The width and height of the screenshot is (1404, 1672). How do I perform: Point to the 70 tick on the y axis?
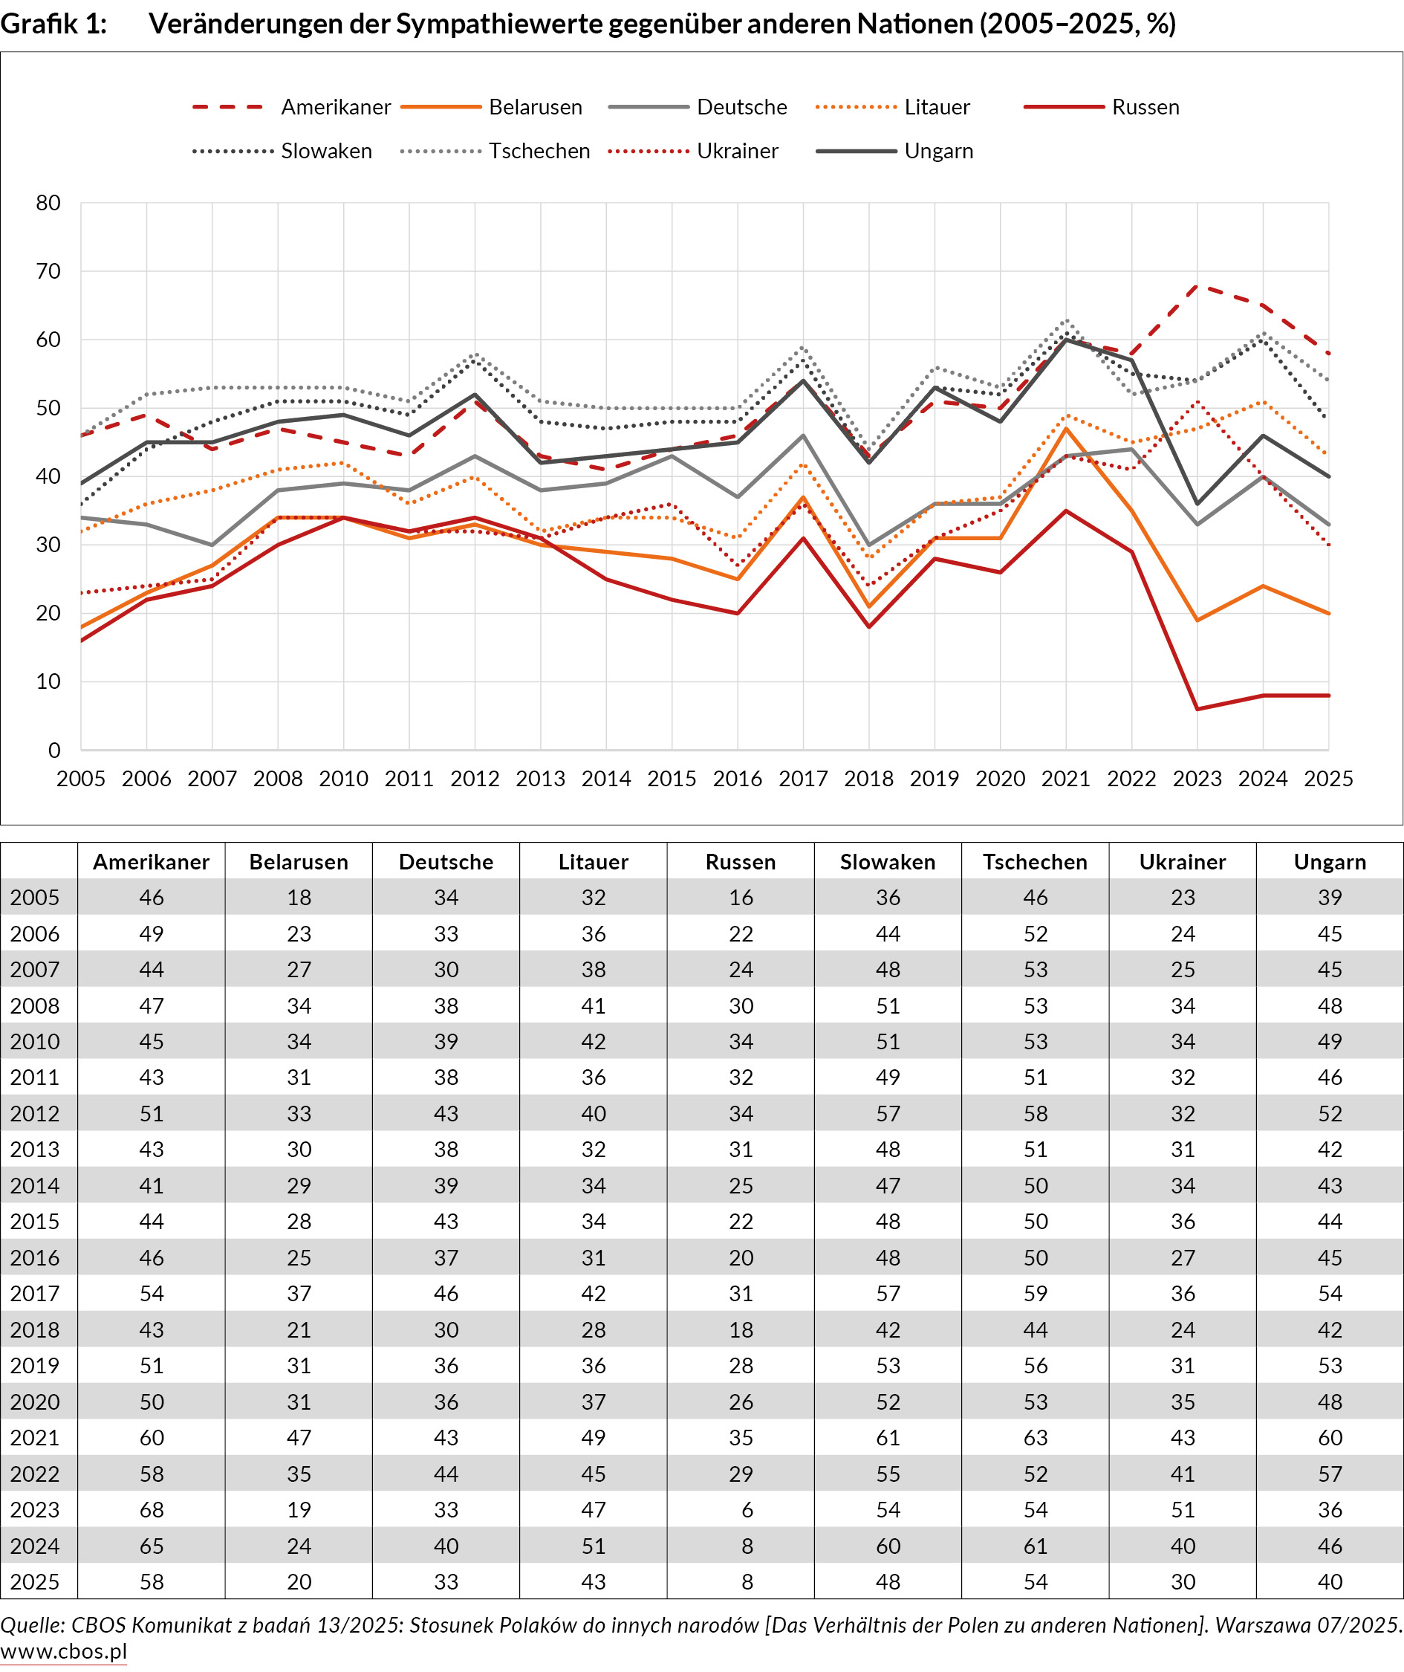[x=48, y=271]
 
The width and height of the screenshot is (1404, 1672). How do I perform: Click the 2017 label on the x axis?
[x=802, y=779]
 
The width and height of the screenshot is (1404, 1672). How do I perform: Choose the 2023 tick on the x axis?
[x=1196, y=779]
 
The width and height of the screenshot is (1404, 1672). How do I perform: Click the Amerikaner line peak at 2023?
[x=1197, y=285]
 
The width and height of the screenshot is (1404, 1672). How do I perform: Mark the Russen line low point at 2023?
[x=1197, y=709]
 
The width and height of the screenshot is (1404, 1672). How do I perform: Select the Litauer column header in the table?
[x=593, y=861]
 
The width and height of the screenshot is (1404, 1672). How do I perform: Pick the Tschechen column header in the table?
[x=1035, y=861]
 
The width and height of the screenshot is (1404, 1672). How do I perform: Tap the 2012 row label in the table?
[x=35, y=1113]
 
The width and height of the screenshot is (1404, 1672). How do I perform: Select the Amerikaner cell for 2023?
[x=152, y=1509]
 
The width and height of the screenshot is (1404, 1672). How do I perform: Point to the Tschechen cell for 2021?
[x=1035, y=1438]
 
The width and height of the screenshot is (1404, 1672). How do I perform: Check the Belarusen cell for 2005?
[x=299, y=898]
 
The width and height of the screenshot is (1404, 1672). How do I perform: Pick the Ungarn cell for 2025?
[x=1329, y=1581]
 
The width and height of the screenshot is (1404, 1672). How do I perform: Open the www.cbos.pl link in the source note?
[x=64, y=1651]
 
